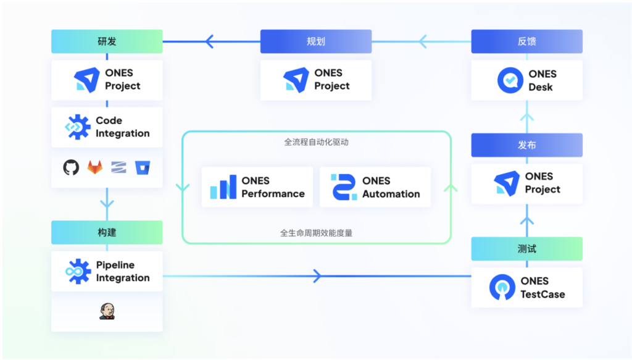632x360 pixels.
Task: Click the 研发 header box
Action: tap(107, 41)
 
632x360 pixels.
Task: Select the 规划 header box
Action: tap(316, 41)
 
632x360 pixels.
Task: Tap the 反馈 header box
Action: tap(526, 41)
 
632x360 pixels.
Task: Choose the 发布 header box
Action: tap(526, 145)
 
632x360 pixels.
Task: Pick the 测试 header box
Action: tap(526, 249)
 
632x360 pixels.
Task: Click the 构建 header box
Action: tap(107, 233)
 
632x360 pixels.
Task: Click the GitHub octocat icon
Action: tap(72, 167)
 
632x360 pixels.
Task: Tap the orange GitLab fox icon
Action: tap(95, 167)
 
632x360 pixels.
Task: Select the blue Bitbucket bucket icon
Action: tap(143, 167)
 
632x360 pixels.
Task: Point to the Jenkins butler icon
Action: tap(107, 311)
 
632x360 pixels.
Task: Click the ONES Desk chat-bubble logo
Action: tap(510, 80)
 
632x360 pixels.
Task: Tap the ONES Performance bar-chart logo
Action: tap(223, 187)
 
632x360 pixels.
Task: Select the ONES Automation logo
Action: tap(344, 187)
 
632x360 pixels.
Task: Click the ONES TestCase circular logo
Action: tap(502, 287)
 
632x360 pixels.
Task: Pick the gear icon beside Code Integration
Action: tap(78, 127)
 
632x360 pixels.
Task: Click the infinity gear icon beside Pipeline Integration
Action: tap(78, 271)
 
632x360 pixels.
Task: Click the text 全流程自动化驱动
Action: tap(317, 142)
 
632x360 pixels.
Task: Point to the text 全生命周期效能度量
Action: tap(317, 233)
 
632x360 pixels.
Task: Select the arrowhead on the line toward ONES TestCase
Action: tap(317, 275)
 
